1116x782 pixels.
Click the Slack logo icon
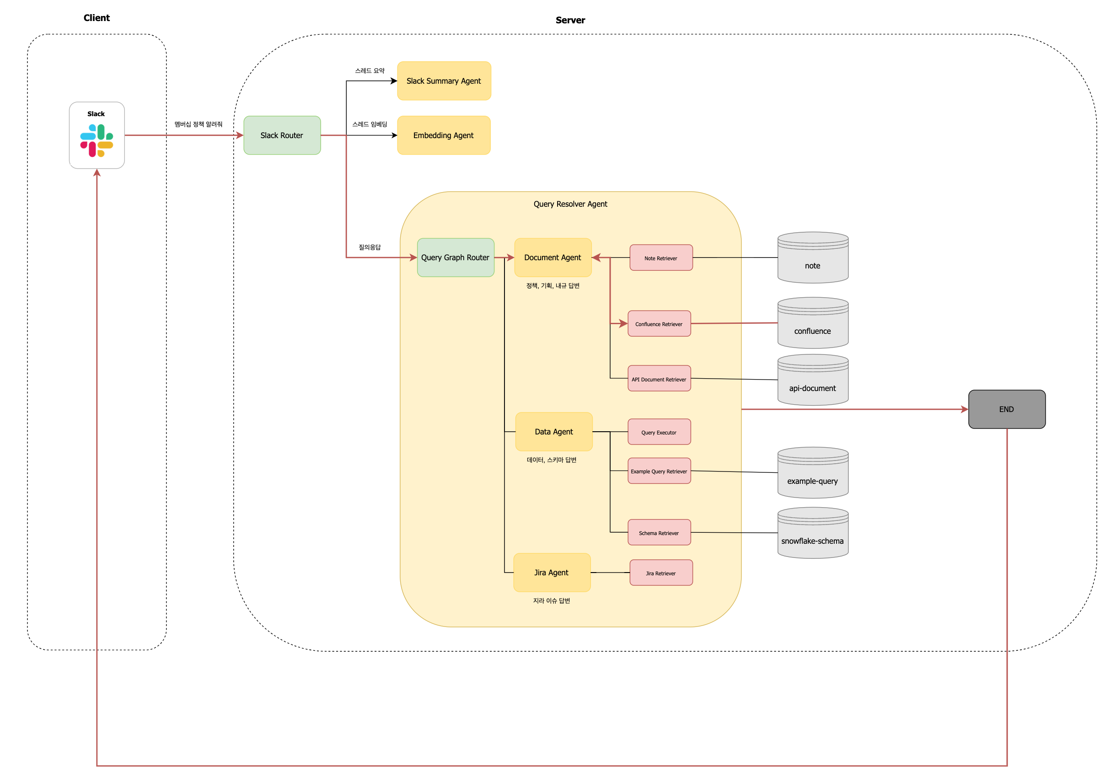pos(97,140)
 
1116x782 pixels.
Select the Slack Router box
pos(282,135)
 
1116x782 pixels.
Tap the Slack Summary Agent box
pos(444,80)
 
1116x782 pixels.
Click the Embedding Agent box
pos(444,135)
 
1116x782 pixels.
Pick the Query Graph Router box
pos(456,257)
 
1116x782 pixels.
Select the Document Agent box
pos(553,257)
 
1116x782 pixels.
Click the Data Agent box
pos(553,432)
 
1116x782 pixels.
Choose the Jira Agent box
pos(552,573)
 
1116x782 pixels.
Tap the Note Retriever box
pos(660,257)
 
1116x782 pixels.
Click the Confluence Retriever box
pos(659,324)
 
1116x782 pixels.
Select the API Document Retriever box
pos(659,379)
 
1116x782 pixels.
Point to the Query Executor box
pos(659,432)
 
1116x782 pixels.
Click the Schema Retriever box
pos(659,532)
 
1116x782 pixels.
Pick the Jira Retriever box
pos(660,573)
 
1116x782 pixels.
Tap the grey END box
pos(1007,409)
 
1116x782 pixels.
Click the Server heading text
pos(570,20)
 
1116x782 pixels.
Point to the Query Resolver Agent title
pos(570,204)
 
